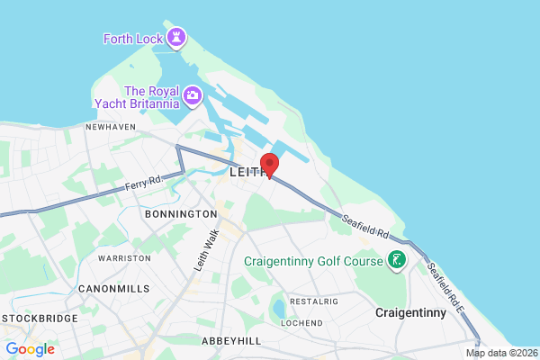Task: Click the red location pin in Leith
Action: point(269,165)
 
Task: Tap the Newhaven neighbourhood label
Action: point(110,127)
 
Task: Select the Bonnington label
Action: point(181,214)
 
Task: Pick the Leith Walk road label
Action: point(207,250)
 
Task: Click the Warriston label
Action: point(124,257)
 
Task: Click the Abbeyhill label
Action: point(231,341)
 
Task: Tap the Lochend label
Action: point(301,322)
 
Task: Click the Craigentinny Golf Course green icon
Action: point(395,261)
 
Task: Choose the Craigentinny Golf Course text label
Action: point(313,262)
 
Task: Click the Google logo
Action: point(30,349)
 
